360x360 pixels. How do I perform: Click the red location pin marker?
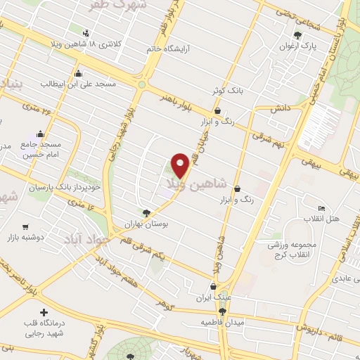pos(181,164)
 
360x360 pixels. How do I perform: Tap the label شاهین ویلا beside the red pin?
pos(196,184)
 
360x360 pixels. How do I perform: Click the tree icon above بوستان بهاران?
pos(146,212)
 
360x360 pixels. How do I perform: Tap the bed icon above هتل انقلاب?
pos(321,208)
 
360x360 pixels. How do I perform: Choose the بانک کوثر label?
pos(228,91)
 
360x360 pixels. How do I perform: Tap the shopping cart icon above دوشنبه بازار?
pos(26,226)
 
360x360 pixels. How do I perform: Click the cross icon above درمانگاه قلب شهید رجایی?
pos(45,312)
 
